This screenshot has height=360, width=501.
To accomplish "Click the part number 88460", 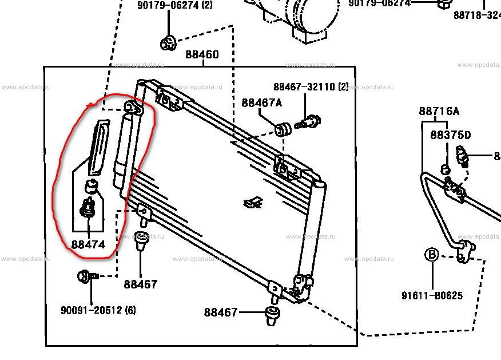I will (201, 55).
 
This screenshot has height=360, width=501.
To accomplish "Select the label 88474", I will (88, 244).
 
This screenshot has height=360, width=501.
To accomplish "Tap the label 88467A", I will (261, 103).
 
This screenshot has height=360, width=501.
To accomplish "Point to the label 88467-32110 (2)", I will (310, 87).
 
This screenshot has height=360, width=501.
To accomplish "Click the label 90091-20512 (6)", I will (98, 310).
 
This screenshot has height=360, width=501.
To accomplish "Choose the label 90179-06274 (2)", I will (174, 6).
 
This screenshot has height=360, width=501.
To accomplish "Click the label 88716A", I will (439, 112).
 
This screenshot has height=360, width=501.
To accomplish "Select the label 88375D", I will (450, 136).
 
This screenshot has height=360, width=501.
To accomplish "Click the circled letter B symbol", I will (431, 255).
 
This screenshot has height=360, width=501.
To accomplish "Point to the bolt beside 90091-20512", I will (87, 277).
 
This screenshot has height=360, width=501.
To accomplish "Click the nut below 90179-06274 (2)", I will (168, 42).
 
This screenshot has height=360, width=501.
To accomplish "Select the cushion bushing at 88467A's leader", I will (282, 129).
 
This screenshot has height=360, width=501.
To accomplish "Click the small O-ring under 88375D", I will (445, 169).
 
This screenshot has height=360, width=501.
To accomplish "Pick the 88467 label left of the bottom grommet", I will (220, 312).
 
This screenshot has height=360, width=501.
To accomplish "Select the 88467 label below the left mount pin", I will (140, 284).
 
